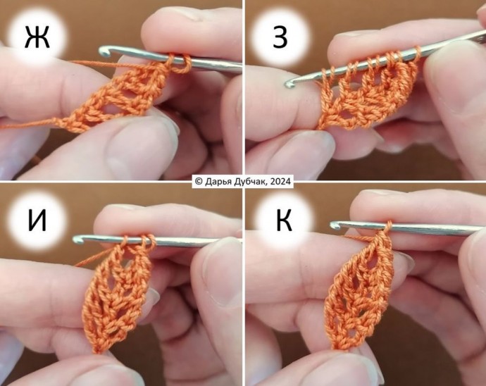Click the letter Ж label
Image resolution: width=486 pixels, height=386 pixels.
coord(37,37)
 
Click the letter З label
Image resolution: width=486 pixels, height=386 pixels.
coord(280,37)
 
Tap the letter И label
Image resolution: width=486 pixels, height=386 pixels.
coord(37,220)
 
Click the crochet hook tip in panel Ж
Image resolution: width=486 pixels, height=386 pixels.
coord(104,51)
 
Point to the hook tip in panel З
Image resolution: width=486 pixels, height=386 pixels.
coord(289,83)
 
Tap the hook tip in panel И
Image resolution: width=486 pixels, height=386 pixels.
coord(78,239)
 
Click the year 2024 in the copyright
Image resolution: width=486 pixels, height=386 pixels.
coord(280,181)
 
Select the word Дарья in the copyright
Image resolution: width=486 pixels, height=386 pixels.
coord(216,181)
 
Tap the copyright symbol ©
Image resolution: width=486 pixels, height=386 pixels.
coord(199,181)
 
